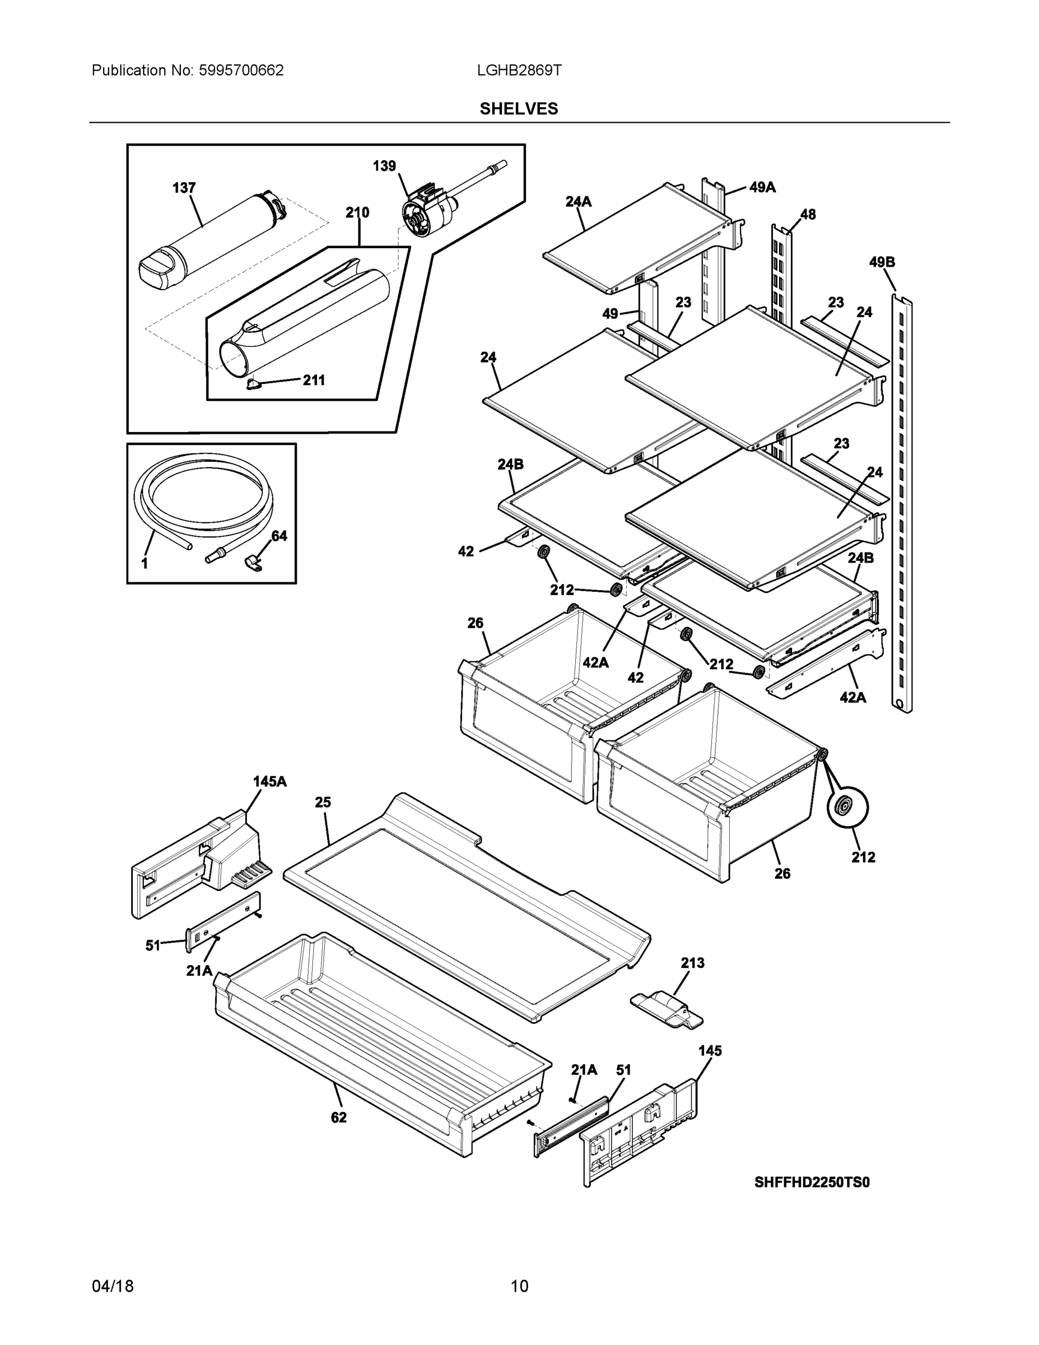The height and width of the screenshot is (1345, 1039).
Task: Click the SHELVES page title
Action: (518, 109)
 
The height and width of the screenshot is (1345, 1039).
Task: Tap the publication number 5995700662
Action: (241, 71)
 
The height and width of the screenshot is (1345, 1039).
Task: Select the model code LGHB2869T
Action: (518, 71)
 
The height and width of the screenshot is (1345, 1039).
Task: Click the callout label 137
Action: (184, 188)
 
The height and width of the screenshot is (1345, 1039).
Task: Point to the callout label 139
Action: (384, 166)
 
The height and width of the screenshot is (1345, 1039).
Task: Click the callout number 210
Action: (357, 212)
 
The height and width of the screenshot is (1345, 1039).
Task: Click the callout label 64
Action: (279, 536)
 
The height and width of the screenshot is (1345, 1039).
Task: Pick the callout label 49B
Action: (882, 262)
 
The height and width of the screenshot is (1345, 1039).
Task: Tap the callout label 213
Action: (692, 963)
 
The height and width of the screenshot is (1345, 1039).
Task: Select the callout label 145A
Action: (269, 782)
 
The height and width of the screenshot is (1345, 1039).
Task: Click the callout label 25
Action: (323, 803)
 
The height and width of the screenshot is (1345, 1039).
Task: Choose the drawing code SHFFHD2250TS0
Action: (812, 1182)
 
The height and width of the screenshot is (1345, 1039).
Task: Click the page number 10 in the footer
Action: (519, 1286)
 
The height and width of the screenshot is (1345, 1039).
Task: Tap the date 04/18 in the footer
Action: (113, 1286)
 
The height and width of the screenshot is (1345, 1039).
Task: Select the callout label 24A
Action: (578, 201)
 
